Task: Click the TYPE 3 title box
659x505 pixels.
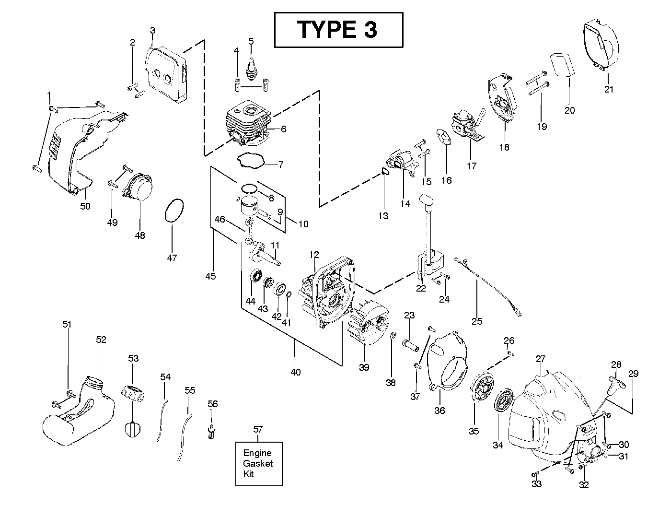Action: click(x=337, y=29)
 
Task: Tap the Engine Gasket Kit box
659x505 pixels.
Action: click(x=258, y=463)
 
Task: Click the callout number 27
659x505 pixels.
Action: click(x=541, y=359)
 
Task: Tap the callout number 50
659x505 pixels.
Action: click(x=85, y=206)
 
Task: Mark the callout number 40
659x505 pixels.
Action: click(x=296, y=372)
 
